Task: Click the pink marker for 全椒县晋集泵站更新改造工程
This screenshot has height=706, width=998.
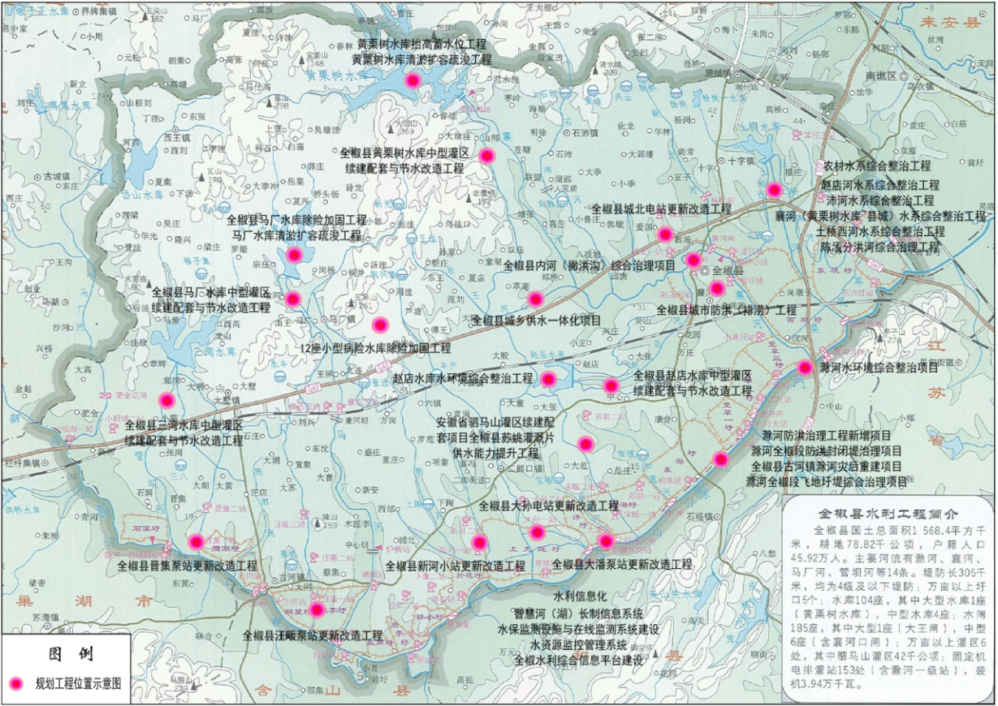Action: pos(196,541)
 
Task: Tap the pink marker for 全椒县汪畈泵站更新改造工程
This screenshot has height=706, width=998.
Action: pos(317,609)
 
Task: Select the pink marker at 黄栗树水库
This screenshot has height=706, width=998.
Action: pos(413,80)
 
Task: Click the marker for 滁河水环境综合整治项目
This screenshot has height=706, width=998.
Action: pos(805,367)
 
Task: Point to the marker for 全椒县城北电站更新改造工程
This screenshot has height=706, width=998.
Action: pos(665,235)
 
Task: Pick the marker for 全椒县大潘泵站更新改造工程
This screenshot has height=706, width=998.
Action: pos(605,540)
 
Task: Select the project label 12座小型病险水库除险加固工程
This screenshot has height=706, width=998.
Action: pos(375,348)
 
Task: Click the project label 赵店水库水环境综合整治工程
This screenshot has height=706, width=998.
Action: pos(462,379)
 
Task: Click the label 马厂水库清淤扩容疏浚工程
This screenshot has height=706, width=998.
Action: pos(296,235)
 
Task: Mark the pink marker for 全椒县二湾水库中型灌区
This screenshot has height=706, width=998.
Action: pos(166,399)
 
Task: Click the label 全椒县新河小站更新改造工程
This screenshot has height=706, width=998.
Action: pos(455,566)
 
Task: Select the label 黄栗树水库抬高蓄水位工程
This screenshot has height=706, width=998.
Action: pos(421,44)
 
